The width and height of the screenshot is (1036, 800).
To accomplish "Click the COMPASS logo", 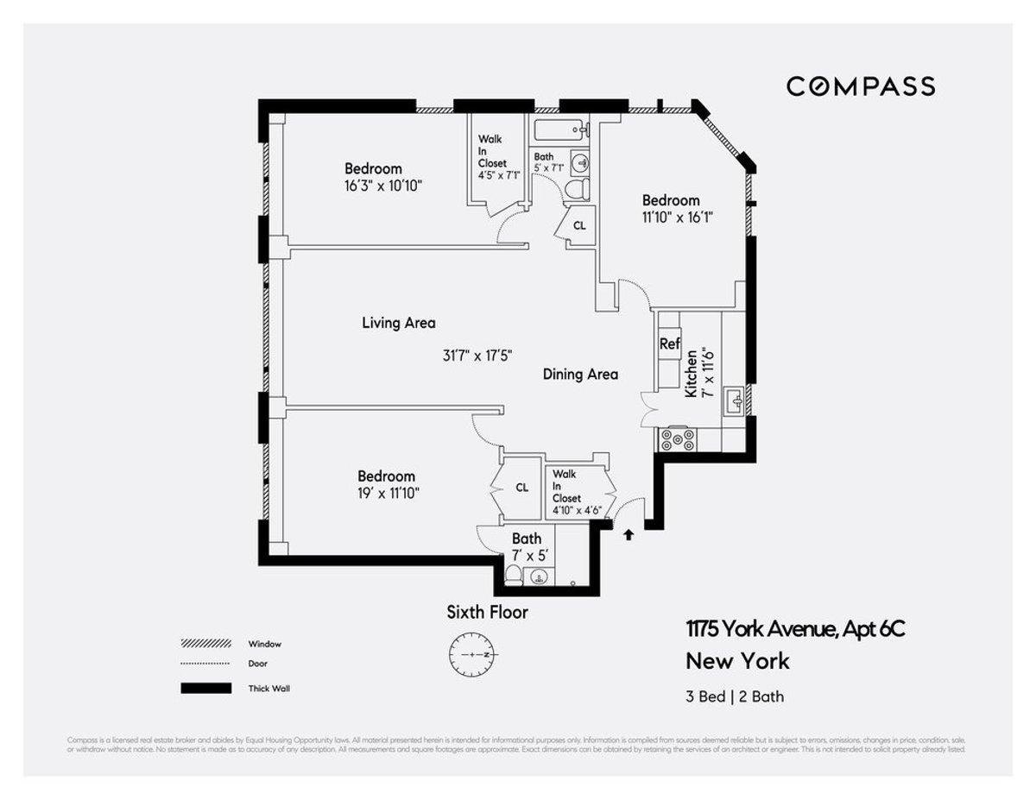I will point(860,86).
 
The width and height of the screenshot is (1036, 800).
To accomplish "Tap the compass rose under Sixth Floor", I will point(471,654).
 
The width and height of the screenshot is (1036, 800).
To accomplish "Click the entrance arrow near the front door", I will point(629,534).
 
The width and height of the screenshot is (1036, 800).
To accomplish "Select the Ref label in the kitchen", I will point(670,343).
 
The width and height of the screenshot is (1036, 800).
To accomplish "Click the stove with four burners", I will point(678,440).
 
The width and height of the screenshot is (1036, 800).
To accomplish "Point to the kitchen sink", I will point(734,401).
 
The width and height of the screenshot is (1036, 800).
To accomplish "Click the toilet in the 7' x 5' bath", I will point(512,576).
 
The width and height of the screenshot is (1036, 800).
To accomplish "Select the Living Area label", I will point(398,323).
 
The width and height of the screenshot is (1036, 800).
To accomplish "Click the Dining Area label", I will point(580,374).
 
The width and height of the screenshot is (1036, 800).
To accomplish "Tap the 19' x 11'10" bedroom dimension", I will point(386,493).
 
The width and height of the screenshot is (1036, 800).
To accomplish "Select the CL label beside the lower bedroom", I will point(521,488).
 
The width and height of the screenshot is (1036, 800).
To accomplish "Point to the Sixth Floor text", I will point(487,613).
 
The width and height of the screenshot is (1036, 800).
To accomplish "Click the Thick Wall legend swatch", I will point(205,688).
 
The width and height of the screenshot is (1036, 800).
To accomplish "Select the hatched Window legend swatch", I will point(205,644).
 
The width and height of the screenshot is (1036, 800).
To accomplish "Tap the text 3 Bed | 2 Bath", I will point(735,696).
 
